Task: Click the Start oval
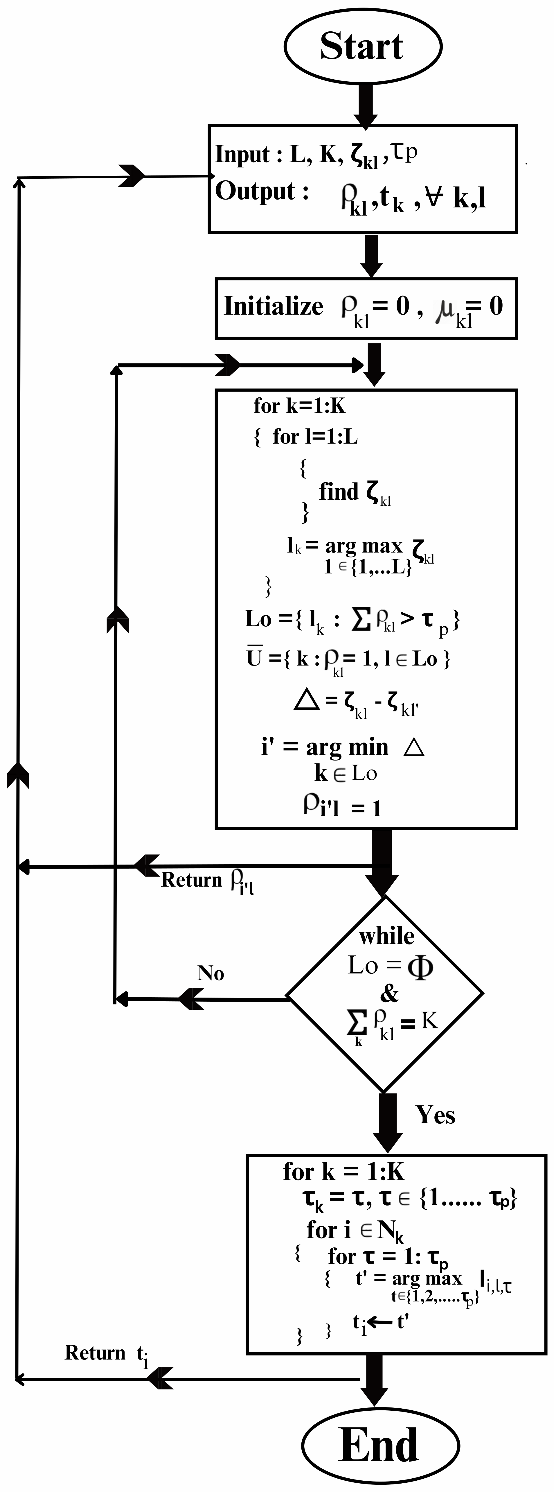[x=362, y=46]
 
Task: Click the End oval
[x=380, y=1445]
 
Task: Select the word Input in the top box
[x=242, y=155]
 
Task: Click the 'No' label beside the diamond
[x=211, y=974]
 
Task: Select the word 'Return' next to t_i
[x=94, y=1352]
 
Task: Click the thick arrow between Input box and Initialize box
[x=371, y=255]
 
